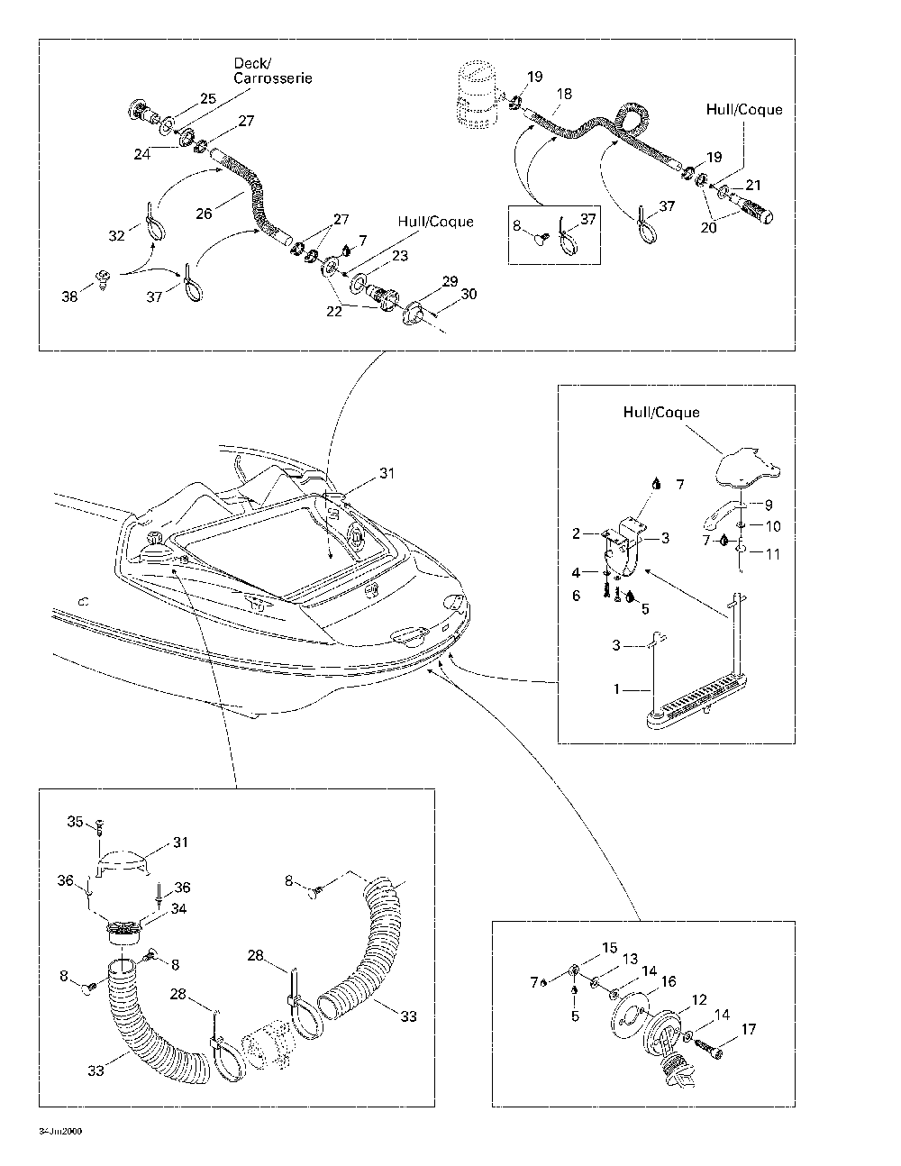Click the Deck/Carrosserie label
click(272, 71)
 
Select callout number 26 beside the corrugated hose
click(204, 214)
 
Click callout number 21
click(753, 185)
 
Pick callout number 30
click(469, 295)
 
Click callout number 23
click(400, 257)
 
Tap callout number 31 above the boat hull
click(387, 473)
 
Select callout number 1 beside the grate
click(617, 689)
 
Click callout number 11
click(772, 554)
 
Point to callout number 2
click(576, 533)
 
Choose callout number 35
click(76, 821)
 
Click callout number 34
click(178, 908)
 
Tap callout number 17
click(749, 1029)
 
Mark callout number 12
click(700, 999)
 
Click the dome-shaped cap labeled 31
click(122, 861)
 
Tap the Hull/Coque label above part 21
click(744, 110)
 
